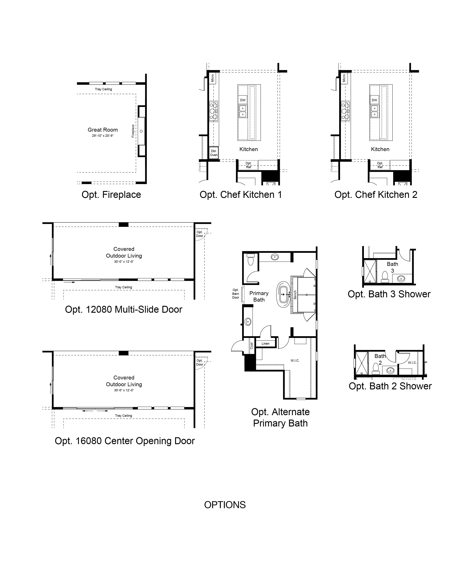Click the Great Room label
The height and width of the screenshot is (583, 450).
click(x=103, y=130)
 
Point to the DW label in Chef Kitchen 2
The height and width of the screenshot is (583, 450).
click(x=374, y=100)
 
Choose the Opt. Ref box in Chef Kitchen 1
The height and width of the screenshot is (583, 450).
click(x=248, y=165)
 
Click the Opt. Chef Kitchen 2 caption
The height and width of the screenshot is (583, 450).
click(x=376, y=195)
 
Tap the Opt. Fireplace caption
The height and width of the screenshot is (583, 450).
click(x=111, y=195)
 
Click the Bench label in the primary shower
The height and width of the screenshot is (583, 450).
click(x=295, y=295)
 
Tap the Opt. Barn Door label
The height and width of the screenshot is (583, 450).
click(x=235, y=294)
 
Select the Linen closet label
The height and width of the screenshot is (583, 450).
click(x=266, y=344)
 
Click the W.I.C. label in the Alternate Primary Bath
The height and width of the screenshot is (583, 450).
click(x=295, y=361)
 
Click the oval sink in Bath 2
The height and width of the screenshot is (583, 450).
click(x=390, y=370)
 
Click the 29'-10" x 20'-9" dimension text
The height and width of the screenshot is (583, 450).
click(x=103, y=136)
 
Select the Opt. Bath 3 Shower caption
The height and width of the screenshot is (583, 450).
click(x=389, y=294)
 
